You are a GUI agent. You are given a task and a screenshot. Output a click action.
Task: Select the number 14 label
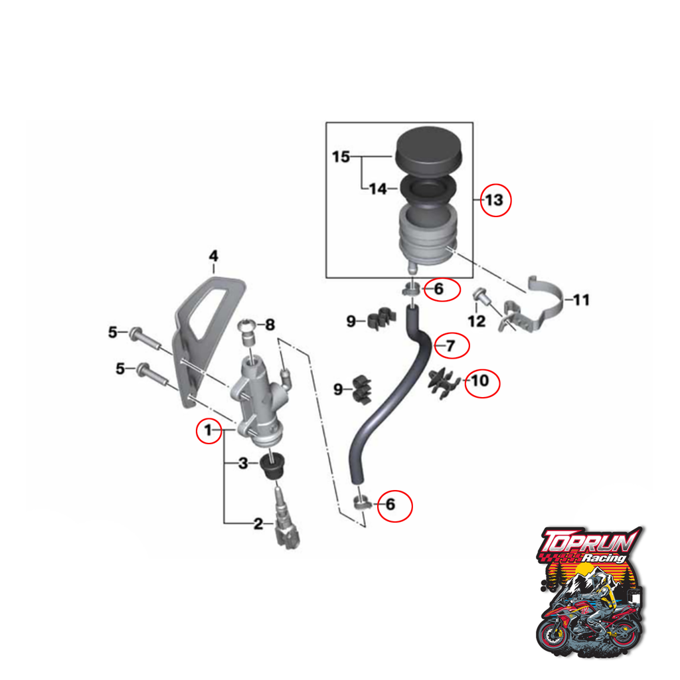[378, 189]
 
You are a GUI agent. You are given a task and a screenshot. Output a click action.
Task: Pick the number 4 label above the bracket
[213, 256]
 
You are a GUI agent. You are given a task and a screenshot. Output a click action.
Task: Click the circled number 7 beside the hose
[450, 346]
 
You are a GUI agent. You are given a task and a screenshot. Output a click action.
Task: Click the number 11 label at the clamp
[581, 301]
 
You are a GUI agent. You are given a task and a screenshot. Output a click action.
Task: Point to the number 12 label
[477, 321]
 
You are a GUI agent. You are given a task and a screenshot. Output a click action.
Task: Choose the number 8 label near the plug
[270, 325]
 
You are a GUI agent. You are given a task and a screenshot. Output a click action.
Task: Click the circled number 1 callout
[209, 431]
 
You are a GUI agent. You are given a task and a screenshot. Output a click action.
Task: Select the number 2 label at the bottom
[259, 525]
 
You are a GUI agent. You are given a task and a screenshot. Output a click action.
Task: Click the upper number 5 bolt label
[114, 331]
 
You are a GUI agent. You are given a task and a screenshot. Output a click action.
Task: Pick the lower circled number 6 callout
[390, 505]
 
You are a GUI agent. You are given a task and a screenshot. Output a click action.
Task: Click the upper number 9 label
[351, 321]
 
